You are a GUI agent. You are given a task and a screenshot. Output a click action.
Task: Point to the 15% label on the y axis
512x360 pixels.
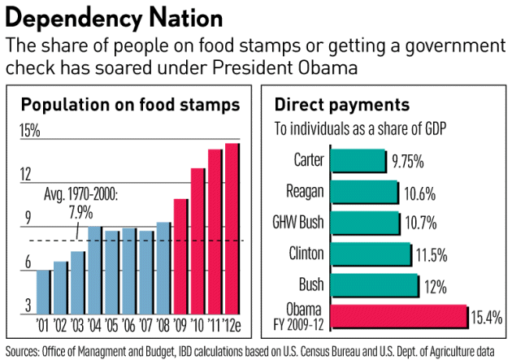[x=30, y=132]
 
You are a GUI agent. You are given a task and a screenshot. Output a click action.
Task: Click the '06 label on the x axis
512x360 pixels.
[x=128, y=327]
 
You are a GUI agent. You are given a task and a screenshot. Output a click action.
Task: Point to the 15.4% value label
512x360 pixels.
[x=488, y=316]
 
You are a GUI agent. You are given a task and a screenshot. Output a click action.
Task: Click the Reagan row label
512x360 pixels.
[x=306, y=192]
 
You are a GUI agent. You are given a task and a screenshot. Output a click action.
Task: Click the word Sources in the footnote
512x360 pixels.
[x=24, y=351]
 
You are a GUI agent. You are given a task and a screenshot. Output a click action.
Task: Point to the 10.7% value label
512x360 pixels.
[x=419, y=223]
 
